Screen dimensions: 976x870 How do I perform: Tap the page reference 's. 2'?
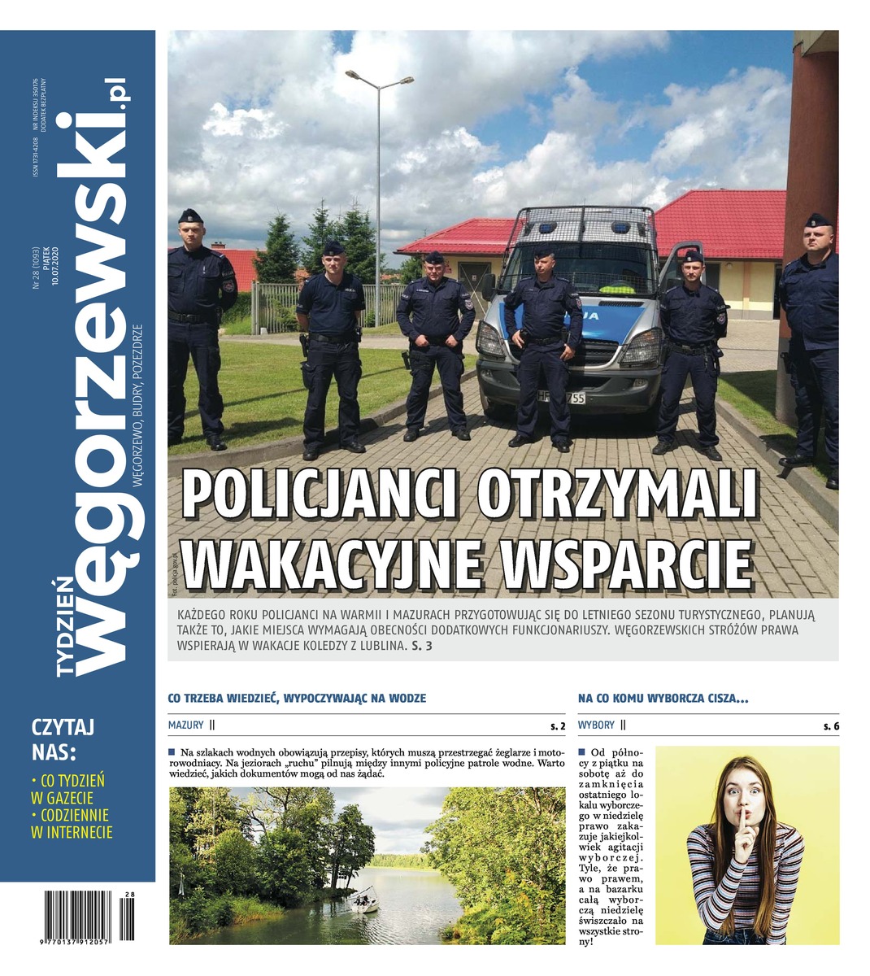(558, 725)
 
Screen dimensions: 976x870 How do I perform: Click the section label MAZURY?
(186, 725)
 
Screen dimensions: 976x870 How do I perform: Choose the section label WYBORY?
(596, 725)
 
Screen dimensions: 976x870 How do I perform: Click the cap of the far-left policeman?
(190, 216)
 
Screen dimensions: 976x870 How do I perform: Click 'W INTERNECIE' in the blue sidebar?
(72, 832)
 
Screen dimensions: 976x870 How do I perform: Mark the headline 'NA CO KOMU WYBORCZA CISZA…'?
(663, 698)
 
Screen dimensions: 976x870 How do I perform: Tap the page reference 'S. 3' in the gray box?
(423, 647)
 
